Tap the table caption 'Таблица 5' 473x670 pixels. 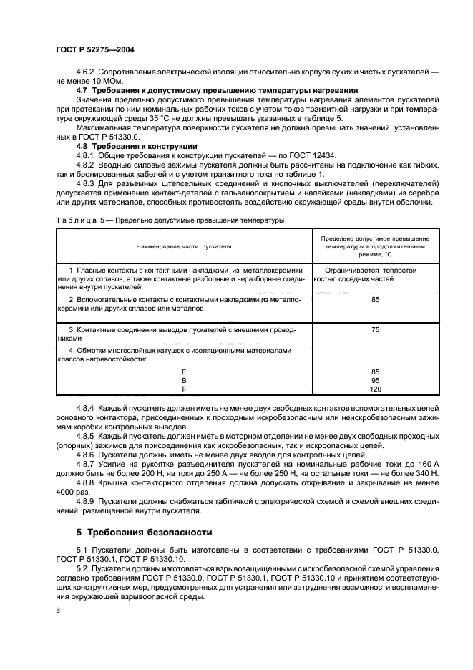point(74,220)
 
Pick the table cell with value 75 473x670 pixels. point(375,330)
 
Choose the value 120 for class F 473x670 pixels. point(375,389)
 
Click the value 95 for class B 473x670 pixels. point(375,381)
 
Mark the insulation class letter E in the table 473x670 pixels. point(184,372)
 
